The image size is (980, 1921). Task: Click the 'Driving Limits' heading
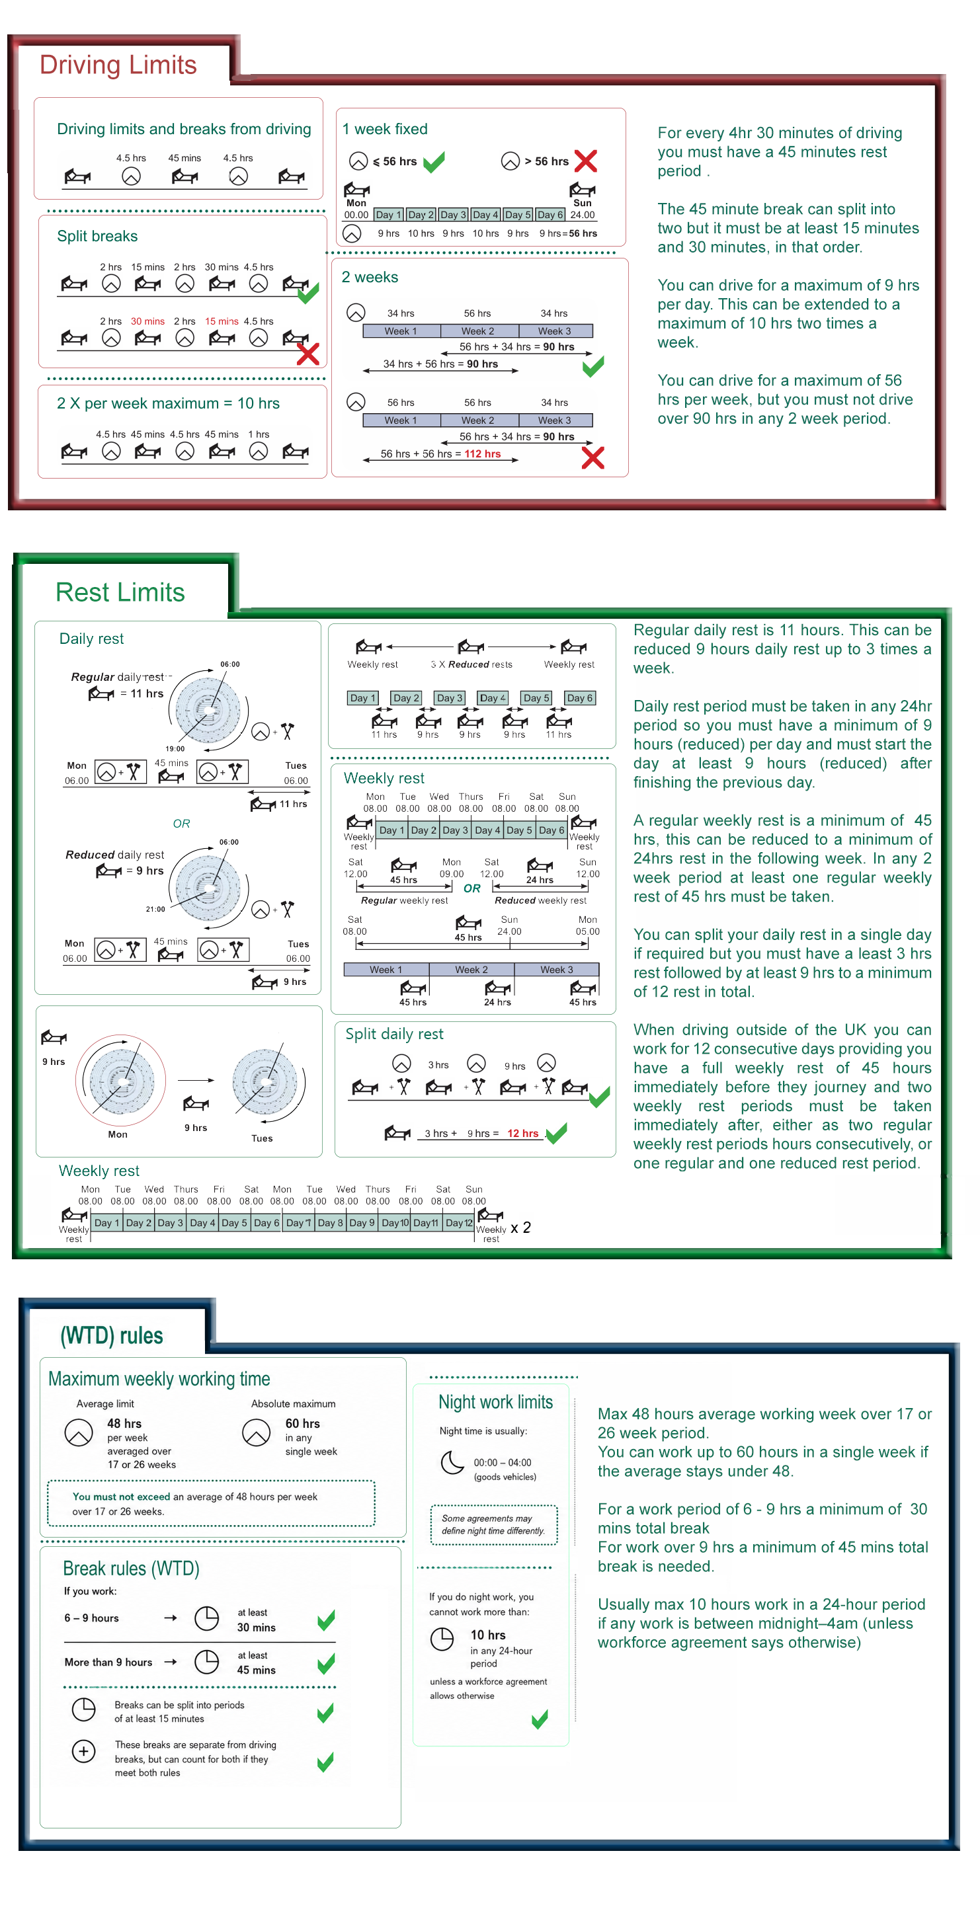pos(118,65)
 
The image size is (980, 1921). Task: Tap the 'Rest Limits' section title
pos(120,592)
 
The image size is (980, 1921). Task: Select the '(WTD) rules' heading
pos(112,1335)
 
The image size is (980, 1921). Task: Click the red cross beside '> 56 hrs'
pos(585,161)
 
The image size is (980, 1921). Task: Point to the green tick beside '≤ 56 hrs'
pos(433,161)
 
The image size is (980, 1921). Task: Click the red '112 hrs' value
pos(483,453)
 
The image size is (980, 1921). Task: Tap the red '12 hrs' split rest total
pos(523,1133)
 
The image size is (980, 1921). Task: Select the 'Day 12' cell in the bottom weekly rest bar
pos(459,1222)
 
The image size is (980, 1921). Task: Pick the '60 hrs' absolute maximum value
pos(303,1423)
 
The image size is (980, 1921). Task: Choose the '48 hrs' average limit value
pos(124,1423)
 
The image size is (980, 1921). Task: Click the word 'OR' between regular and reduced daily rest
pos(181,823)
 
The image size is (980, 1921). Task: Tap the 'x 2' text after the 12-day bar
pos(520,1228)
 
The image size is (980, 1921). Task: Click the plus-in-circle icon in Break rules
pos(83,1750)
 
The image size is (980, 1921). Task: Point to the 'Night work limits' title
pos(496,1402)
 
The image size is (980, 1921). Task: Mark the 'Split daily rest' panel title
pos(395,1034)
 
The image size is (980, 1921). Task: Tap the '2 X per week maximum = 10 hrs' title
pos(169,403)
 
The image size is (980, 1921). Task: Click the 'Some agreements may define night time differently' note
pos(494,1524)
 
